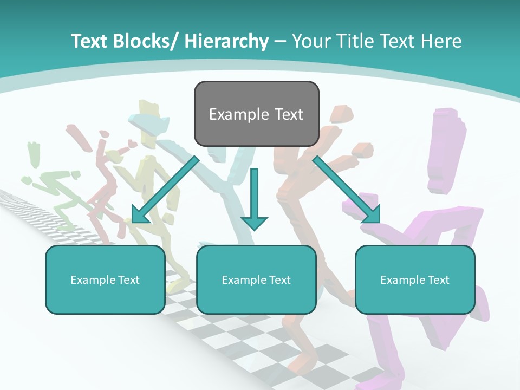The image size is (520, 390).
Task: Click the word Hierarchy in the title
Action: pyautogui.click(x=226, y=41)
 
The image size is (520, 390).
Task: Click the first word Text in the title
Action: pyautogui.click(x=90, y=41)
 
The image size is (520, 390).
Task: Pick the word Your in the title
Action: pyautogui.click(x=312, y=41)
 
